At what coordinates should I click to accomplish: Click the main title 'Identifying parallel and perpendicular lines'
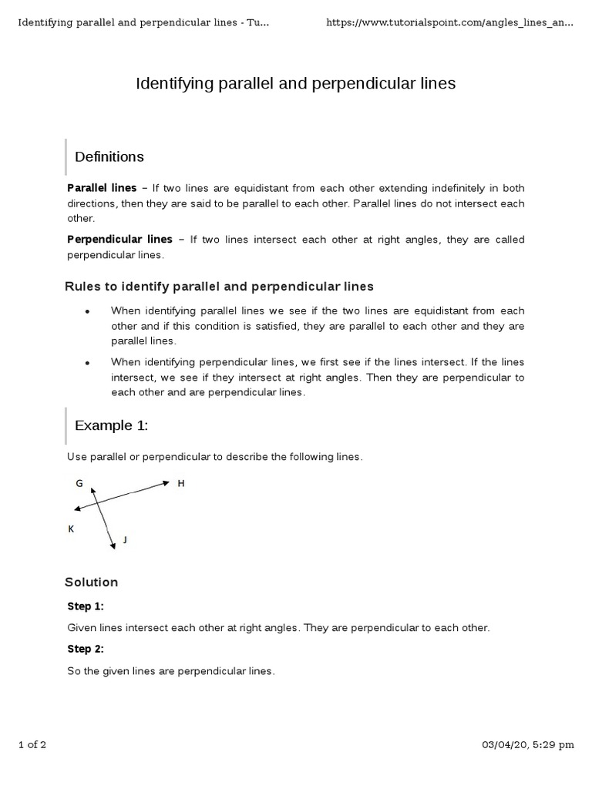(296, 83)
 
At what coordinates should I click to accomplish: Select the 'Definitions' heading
(109, 157)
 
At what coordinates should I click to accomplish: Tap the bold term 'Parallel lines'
(102, 188)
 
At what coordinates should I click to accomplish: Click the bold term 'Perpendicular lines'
(119, 240)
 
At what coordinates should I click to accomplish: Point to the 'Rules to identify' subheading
(219, 287)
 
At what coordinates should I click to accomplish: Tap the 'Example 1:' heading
(111, 426)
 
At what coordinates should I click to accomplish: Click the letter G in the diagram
(79, 483)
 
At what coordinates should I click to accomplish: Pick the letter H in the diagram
(181, 483)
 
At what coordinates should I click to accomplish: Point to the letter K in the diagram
(71, 529)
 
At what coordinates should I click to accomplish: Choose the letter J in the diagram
(125, 540)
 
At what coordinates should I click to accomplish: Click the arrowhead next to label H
(165, 483)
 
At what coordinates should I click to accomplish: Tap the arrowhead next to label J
(113, 545)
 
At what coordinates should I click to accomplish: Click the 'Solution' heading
(91, 583)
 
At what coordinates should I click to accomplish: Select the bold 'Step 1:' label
(86, 606)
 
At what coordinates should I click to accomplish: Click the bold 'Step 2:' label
(86, 650)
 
